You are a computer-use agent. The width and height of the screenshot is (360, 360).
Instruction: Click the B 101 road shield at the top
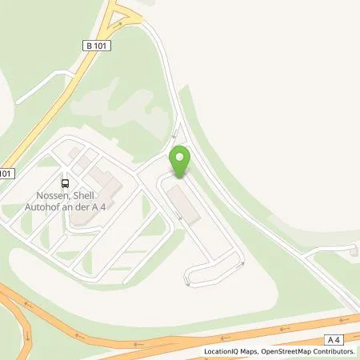click(x=96, y=46)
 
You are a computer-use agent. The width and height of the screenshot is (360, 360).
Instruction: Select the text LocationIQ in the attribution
click(x=222, y=351)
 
